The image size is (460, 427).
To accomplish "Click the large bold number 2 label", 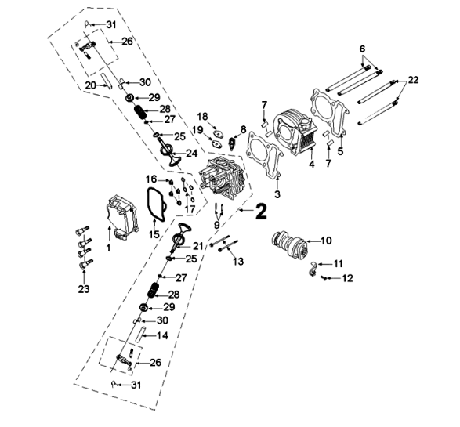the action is click(x=261, y=212).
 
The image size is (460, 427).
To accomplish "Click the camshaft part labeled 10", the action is click(x=290, y=244).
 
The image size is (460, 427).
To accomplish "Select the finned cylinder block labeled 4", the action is click(x=295, y=129).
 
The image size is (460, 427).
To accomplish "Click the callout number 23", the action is click(x=84, y=289).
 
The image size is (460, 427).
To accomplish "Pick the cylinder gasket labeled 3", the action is click(x=265, y=154).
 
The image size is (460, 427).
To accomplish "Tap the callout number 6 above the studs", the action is click(x=363, y=49).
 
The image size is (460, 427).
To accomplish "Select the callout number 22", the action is click(x=413, y=80).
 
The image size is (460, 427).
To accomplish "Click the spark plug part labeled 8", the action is click(x=233, y=143).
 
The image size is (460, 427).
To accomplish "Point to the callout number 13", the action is click(x=238, y=261).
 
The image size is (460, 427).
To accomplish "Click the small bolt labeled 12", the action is click(x=324, y=277).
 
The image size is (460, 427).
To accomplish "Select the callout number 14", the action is click(x=162, y=336).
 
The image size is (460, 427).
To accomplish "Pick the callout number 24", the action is click(x=191, y=153).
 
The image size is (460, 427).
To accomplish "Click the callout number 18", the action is click(x=202, y=116).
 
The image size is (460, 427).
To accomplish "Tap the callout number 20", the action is click(x=91, y=85).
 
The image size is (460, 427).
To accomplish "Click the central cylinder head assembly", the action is click(x=223, y=176).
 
